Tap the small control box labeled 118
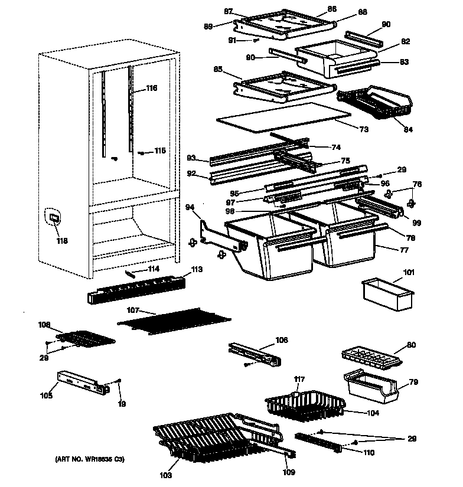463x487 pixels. coord(54,219)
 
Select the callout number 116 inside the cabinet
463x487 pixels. coord(152,89)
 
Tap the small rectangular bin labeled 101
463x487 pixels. coord(387,293)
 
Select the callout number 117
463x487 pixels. coord(300,379)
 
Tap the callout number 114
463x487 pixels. coord(153,269)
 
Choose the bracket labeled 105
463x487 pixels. coord(83,383)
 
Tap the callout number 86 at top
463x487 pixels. coord(331,9)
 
